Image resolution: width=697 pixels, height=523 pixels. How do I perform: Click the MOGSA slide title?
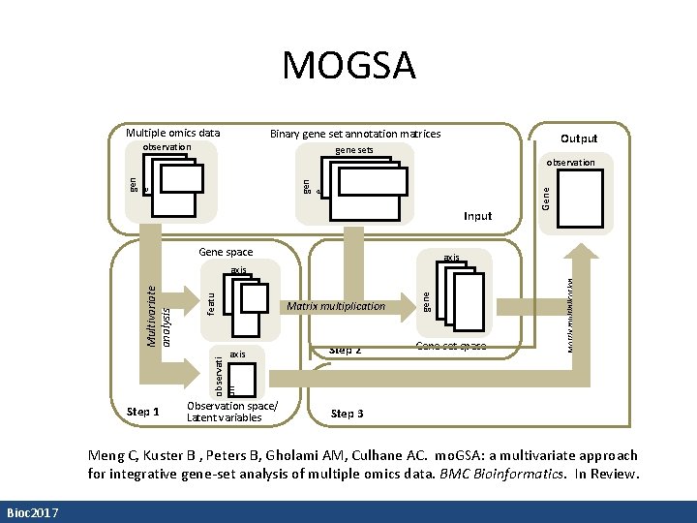click(348, 66)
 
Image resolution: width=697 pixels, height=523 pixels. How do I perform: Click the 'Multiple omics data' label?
click(173, 133)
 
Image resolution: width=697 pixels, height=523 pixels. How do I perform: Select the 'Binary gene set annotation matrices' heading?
click(354, 134)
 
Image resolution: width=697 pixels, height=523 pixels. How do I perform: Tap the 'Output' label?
click(579, 138)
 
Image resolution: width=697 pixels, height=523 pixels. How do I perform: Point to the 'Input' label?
click(477, 216)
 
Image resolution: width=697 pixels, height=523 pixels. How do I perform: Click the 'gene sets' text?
click(353, 150)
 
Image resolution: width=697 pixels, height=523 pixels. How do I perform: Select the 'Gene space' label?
click(225, 252)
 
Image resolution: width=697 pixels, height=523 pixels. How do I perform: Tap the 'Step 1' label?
click(142, 413)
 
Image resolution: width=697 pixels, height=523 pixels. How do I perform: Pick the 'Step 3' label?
click(347, 414)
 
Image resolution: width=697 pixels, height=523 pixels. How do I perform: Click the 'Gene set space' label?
click(450, 346)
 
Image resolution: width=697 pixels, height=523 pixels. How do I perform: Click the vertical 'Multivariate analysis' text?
click(158, 316)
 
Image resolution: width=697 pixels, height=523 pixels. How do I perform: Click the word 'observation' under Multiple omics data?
click(167, 147)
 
